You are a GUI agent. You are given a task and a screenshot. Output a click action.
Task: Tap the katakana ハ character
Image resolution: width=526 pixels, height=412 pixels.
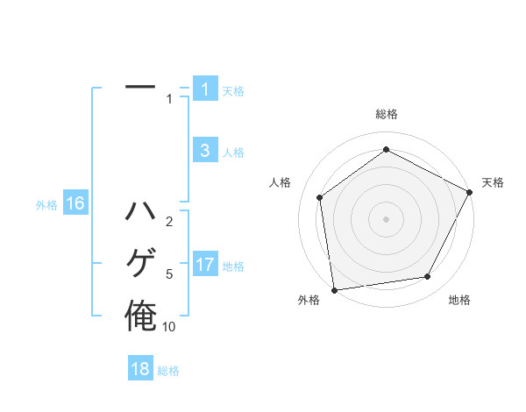pyautogui.click(x=140, y=212)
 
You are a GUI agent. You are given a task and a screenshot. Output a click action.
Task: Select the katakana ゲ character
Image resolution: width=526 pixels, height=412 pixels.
pyautogui.click(x=140, y=263)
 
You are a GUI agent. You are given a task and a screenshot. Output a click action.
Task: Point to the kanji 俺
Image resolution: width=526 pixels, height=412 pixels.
pyautogui.click(x=140, y=316)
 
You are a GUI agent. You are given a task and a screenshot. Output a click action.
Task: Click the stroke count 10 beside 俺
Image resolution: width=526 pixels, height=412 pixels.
pyautogui.click(x=168, y=326)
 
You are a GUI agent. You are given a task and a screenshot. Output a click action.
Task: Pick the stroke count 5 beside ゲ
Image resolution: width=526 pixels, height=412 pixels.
pyautogui.click(x=168, y=273)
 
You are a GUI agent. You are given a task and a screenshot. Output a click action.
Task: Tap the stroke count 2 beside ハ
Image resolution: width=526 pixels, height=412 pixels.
pyautogui.click(x=168, y=221)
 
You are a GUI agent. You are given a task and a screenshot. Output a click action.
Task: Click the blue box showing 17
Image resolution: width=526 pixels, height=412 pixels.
pyautogui.click(x=205, y=264)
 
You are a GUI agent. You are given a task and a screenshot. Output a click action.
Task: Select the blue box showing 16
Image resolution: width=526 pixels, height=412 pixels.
pyautogui.click(x=75, y=204)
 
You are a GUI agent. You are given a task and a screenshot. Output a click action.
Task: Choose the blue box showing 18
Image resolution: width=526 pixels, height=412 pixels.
pyautogui.click(x=140, y=369)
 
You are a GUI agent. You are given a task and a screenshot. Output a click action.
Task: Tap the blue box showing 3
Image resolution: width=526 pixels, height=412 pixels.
pyautogui.click(x=205, y=151)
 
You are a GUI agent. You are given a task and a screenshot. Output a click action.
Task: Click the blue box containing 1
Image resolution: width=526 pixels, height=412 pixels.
pyautogui.click(x=205, y=89)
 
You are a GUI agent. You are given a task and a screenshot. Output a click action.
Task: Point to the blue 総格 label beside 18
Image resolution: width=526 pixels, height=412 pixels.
pyautogui.click(x=168, y=371)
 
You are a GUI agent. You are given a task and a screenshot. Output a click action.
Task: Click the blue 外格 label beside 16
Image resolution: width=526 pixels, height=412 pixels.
pyautogui.click(x=46, y=205)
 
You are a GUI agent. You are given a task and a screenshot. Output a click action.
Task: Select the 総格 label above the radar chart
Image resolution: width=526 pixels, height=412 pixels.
pyautogui.click(x=386, y=114)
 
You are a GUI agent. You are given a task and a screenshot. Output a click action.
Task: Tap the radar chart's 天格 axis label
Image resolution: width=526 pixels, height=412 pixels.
pyautogui.click(x=493, y=182)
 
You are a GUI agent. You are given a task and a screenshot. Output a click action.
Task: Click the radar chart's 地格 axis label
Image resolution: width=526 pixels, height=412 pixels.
pyautogui.click(x=459, y=300)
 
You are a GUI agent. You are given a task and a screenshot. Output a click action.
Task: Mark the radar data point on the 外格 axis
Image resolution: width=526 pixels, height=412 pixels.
pyautogui.click(x=334, y=289)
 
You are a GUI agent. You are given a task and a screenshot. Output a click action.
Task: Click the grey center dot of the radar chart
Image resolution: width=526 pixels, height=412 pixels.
pyautogui.click(x=386, y=218)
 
